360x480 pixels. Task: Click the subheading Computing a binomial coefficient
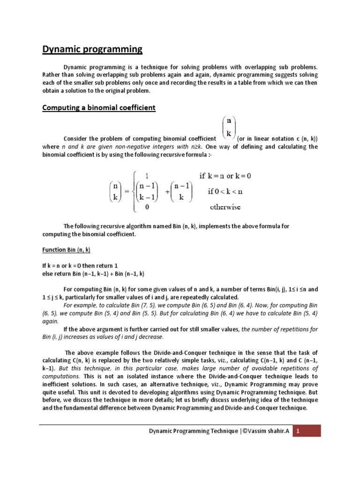point(98,108)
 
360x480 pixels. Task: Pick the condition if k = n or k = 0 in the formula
point(225,176)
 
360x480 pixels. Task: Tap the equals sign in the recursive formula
point(126,191)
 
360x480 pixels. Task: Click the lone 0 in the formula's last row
point(147,206)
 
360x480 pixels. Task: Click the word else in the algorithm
point(48,273)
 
